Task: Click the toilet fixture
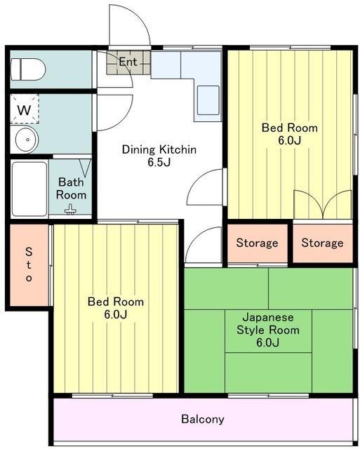pyautogui.click(x=28, y=69)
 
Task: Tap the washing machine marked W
pyautogui.click(x=25, y=109)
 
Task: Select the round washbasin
pyautogui.click(x=27, y=140)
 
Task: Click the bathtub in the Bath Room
pyautogui.click(x=29, y=189)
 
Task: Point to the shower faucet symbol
pyautogui.click(x=70, y=209)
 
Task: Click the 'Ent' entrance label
pyautogui.click(x=128, y=62)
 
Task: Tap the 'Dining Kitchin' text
pyautogui.click(x=159, y=149)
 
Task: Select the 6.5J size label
pyautogui.click(x=159, y=162)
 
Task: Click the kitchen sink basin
pyautogui.click(x=208, y=100)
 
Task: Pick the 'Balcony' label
pyautogui.click(x=203, y=420)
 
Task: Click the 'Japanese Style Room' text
pyautogui.click(x=268, y=323)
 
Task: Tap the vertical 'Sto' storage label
pyautogui.click(x=29, y=265)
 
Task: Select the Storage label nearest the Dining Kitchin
pyautogui.click(x=257, y=243)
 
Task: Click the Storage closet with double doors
pyautogui.click(x=323, y=243)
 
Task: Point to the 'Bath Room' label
pyautogui.click(x=71, y=189)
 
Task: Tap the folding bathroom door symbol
pyautogui.click(x=85, y=168)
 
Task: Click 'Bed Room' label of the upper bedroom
pyautogui.click(x=290, y=128)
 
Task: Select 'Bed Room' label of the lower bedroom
pyautogui.click(x=116, y=302)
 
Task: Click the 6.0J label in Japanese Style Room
pyautogui.click(x=268, y=342)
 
